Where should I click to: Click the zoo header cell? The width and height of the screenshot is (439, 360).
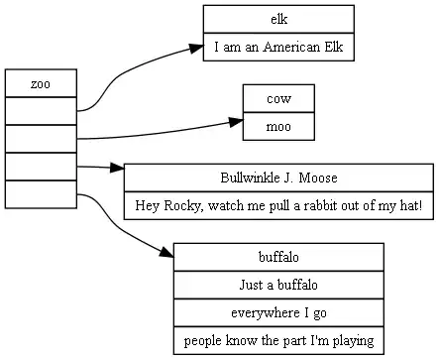pos(41,84)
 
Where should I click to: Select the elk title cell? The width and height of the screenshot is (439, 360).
pos(278,19)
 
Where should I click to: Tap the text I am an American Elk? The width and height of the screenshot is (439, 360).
pos(278,47)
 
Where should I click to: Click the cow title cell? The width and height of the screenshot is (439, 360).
pos(278,98)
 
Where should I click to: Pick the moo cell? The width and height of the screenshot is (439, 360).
pos(278,126)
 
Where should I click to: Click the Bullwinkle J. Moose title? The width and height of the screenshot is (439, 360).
pos(278,178)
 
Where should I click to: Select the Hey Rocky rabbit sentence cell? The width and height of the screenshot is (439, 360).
pos(278,205)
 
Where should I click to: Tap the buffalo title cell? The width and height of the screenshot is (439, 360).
pos(278,257)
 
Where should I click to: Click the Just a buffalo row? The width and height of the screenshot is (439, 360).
pos(278,285)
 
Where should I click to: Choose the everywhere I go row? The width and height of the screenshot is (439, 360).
pos(278,312)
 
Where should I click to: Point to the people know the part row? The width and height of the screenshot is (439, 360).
pos(278,340)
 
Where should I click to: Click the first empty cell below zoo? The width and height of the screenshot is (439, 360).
pos(41,111)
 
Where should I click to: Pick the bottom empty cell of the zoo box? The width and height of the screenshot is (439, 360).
pos(41,194)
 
